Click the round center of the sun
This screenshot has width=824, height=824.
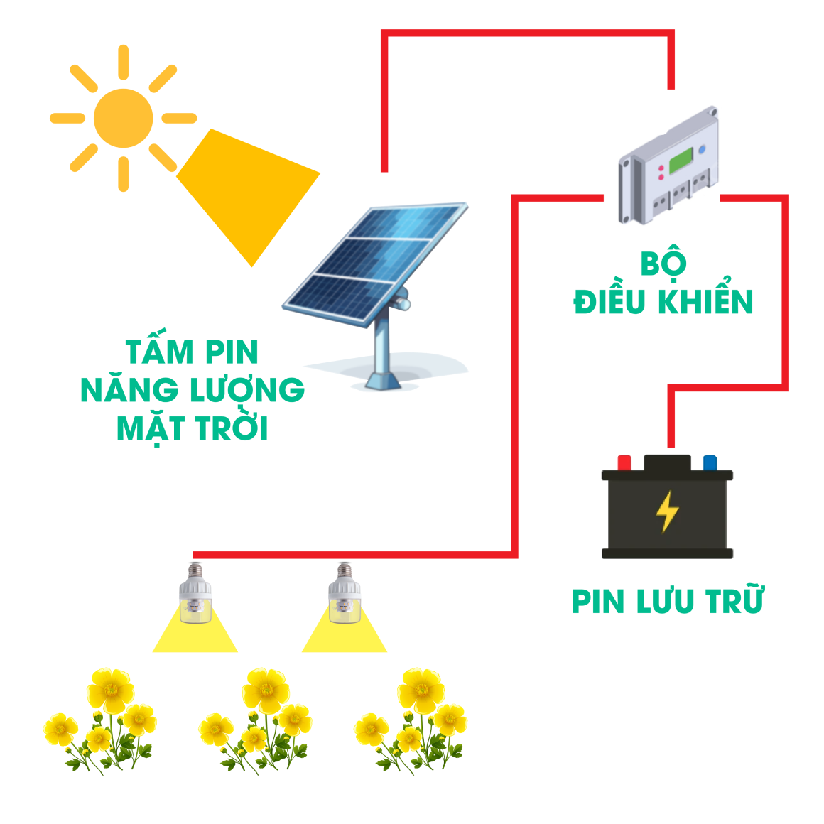tap(124, 118)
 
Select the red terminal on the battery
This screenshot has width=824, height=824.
tap(624, 463)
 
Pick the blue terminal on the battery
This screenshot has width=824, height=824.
tap(710, 463)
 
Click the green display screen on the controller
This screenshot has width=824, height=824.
tap(682, 161)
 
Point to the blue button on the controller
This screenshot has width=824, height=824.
tap(702, 150)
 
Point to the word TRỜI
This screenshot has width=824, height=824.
tap(232, 427)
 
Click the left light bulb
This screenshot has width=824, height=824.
tap(195, 593)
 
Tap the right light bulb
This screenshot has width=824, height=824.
tap(345, 593)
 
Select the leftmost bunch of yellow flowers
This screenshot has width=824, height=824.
tap(100, 721)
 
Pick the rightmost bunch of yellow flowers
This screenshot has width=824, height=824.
tap(411, 721)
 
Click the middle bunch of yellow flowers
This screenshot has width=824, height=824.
tap(256, 721)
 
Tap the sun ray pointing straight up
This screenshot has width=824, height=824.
tap(124, 63)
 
